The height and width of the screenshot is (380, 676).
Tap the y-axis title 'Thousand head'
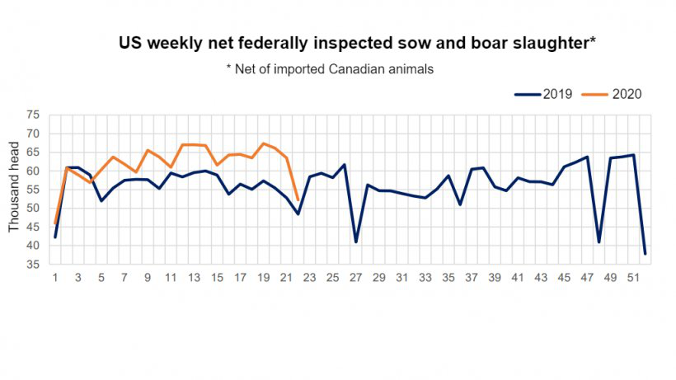tap(15, 187)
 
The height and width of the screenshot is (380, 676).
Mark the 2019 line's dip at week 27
tap(355, 242)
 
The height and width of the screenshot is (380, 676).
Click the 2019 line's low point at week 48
tap(599, 242)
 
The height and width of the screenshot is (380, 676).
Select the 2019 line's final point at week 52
tap(645, 253)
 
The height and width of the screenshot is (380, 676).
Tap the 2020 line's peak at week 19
tap(263, 143)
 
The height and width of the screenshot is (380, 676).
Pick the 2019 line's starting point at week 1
tap(55, 237)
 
